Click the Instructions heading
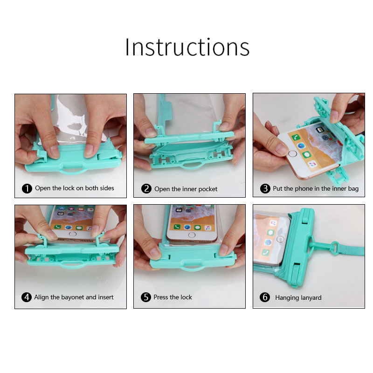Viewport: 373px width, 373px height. (x=187, y=47)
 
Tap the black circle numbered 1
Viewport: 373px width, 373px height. (x=27, y=188)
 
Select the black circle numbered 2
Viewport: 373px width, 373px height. (x=146, y=189)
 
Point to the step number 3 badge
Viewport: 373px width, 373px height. (x=265, y=189)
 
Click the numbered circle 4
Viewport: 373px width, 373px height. (x=27, y=297)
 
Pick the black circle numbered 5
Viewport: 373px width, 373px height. (x=146, y=297)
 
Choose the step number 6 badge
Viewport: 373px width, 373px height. (x=265, y=297)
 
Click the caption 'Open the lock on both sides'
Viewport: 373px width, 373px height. (x=75, y=188)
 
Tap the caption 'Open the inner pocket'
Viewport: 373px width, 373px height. (x=186, y=189)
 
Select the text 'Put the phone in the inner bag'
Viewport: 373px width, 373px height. (x=316, y=189)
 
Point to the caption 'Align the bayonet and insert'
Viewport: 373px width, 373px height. (x=74, y=297)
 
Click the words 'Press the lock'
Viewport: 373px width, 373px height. (x=173, y=297)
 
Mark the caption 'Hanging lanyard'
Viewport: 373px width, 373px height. (x=298, y=297)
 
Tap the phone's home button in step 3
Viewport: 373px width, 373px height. (x=292, y=153)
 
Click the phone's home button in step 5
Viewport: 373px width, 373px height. (x=192, y=235)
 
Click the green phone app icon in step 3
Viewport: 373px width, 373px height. (x=296, y=138)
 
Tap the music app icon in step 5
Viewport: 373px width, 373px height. (x=207, y=228)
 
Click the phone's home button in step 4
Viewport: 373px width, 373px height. (x=73, y=234)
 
